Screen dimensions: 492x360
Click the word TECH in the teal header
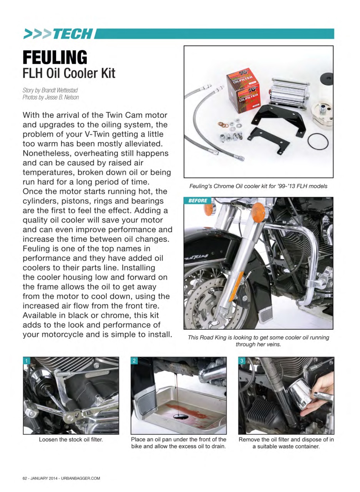click(73, 34)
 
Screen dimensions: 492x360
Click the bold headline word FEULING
click(55, 58)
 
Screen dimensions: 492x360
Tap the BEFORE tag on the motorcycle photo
click(198, 201)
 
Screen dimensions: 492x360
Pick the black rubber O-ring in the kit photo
click(318, 141)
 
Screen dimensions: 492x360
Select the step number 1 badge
click(27, 361)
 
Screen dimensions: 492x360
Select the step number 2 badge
click(134, 361)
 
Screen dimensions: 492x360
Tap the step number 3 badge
click(242, 361)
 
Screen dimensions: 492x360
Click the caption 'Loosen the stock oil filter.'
click(71, 439)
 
